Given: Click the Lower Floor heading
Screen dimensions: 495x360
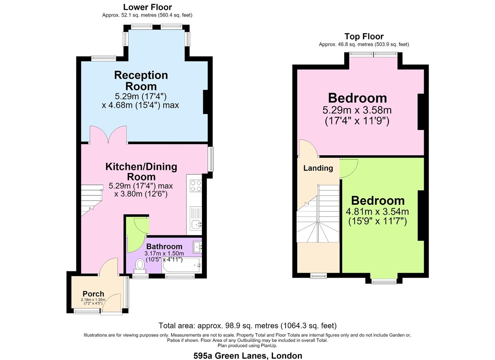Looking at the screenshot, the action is point(147,7).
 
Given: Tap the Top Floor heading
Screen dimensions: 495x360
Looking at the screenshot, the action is point(364,36).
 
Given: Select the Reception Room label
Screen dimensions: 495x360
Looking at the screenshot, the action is point(141,81).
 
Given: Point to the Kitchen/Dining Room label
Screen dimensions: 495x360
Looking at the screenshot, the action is point(141,172).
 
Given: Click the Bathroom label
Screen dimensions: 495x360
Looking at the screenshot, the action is point(164,246).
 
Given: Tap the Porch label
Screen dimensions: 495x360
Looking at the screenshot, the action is point(93,294).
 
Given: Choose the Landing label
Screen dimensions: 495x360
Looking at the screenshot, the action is point(318,168).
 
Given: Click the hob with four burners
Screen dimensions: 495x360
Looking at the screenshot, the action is point(196,186).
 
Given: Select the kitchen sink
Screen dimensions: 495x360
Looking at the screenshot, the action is point(196,225).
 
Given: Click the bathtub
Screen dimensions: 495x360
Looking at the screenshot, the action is point(181,265).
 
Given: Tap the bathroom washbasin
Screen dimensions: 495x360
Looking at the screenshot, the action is point(197,247).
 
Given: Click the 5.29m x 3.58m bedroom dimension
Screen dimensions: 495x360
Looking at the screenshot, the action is point(357,115).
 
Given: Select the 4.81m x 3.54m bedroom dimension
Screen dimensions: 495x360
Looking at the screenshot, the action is point(377,217).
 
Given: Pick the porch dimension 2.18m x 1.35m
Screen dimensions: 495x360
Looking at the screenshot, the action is point(93,301).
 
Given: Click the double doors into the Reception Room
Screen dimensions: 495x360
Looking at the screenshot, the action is point(108,134).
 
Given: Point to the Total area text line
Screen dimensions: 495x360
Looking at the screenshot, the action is point(247,325).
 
